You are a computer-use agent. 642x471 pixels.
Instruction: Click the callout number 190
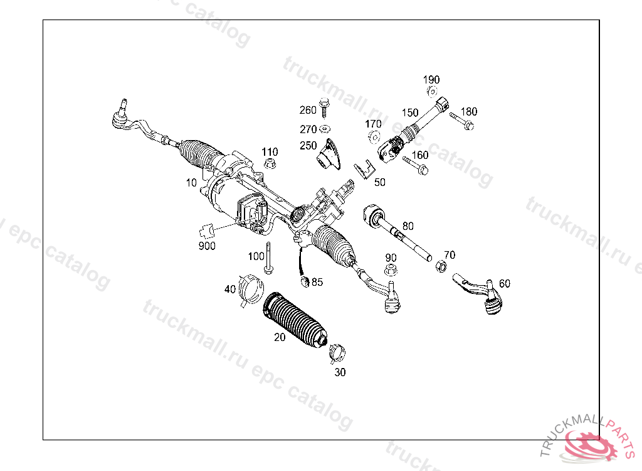pos(431,80)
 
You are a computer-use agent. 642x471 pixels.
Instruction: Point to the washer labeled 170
pos(374,136)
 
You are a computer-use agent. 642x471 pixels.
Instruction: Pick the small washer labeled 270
pos(324,129)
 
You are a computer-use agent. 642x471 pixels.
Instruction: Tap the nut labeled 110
pos(270,164)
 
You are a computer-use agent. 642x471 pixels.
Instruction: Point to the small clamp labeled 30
pos(337,352)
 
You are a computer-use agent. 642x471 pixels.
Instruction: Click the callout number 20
pos(280,337)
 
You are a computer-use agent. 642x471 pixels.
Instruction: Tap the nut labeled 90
pos(391,271)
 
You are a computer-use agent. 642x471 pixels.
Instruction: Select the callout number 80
pos(408,225)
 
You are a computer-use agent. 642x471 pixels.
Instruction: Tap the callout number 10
pos(191,183)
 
